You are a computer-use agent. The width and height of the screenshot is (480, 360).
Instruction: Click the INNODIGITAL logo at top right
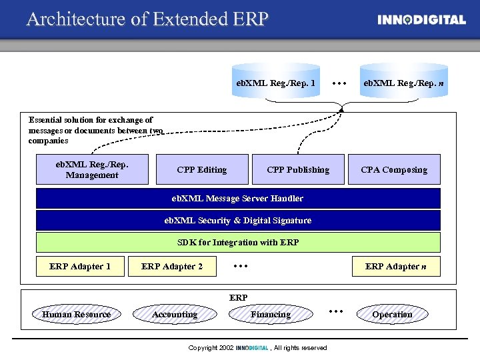(421, 19)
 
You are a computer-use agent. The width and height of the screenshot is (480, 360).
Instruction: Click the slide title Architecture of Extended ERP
(147, 19)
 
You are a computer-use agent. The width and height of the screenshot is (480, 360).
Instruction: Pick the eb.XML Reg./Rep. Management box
(92, 169)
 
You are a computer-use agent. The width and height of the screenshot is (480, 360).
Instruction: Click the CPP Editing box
(201, 169)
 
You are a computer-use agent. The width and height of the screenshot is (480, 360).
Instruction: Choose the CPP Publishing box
(298, 169)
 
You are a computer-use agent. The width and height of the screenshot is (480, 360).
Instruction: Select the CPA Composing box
(394, 169)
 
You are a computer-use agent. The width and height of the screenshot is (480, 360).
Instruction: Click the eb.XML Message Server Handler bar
(238, 198)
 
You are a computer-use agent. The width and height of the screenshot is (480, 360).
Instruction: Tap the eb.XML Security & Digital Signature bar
(238, 220)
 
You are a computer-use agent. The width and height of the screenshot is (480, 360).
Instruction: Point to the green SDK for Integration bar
(238, 242)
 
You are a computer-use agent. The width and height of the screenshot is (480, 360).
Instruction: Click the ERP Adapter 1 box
(80, 267)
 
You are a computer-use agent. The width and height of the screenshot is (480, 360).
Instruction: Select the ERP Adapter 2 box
(173, 267)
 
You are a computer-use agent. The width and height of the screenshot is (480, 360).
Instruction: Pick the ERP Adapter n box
(396, 267)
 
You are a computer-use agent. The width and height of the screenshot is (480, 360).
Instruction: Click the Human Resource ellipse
(76, 314)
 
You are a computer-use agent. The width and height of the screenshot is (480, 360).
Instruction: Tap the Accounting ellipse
(175, 314)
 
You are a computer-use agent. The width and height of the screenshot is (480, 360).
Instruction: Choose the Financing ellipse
(271, 314)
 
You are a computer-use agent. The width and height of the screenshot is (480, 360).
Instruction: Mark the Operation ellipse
(392, 314)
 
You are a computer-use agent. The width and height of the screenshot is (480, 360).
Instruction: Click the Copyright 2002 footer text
(257, 348)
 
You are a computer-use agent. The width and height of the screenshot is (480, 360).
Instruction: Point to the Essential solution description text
(93, 131)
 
